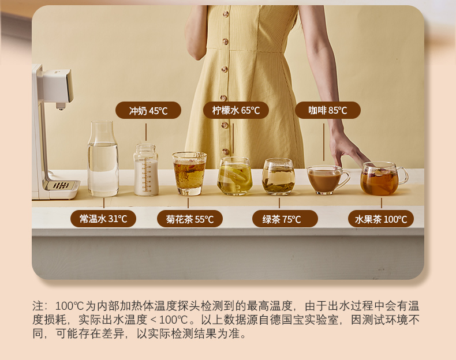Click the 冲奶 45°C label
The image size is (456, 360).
[x=148, y=110]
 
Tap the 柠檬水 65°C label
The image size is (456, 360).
[x=236, y=110]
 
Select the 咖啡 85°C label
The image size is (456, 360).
[x=328, y=110]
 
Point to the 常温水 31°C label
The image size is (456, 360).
[x=103, y=219]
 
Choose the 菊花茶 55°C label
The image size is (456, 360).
[x=190, y=219]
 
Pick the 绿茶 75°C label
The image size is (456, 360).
[x=285, y=219]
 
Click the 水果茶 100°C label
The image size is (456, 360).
[x=381, y=219]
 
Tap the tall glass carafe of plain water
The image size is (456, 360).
[x=103, y=159]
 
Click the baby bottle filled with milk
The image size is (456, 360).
[x=146, y=170]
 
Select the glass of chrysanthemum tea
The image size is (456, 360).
[x=189, y=174]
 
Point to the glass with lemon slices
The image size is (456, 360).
[x=235, y=176]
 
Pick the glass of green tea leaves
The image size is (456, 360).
[x=279, y=177]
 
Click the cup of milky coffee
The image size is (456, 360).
[x=326, y=180]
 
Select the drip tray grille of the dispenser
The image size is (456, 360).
[x=61, y=185]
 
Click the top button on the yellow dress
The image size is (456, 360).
[x=226, y=14]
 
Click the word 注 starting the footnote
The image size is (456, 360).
[x=38, y=306]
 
